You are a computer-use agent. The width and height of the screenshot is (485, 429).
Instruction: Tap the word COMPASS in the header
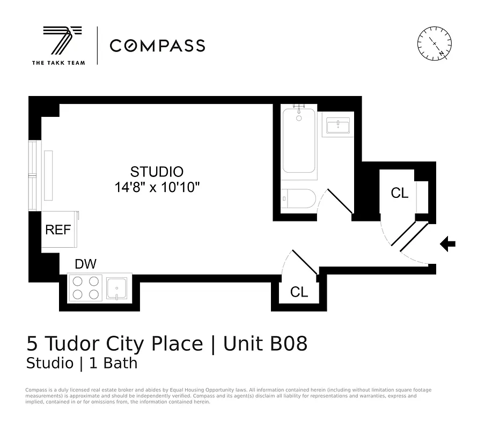click(x=157, y=46)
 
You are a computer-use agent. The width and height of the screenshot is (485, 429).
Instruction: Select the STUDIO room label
click(x=157, y=172)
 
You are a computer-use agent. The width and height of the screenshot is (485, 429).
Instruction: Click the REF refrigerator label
click(x=58, y=230)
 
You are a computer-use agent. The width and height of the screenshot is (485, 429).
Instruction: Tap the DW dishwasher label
click(x=85, y=264)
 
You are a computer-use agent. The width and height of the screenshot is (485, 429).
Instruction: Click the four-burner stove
click(x=86, y=287)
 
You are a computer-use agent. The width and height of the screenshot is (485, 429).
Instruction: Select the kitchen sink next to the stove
click(x=117, y=288)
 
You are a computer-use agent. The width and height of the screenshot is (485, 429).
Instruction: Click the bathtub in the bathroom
click(x=299, y=140)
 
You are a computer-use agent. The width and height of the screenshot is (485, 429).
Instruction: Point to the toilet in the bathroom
click(x=298, y=199)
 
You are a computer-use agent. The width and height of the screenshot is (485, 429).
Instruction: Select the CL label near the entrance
click(x=399, y=193)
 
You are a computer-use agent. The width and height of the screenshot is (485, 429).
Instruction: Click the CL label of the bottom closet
click(x=299, y=292)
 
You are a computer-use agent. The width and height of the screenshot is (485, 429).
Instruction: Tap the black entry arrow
click(x=447, y=245)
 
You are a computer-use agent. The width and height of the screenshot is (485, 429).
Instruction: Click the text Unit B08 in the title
click(x=265, y=343)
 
